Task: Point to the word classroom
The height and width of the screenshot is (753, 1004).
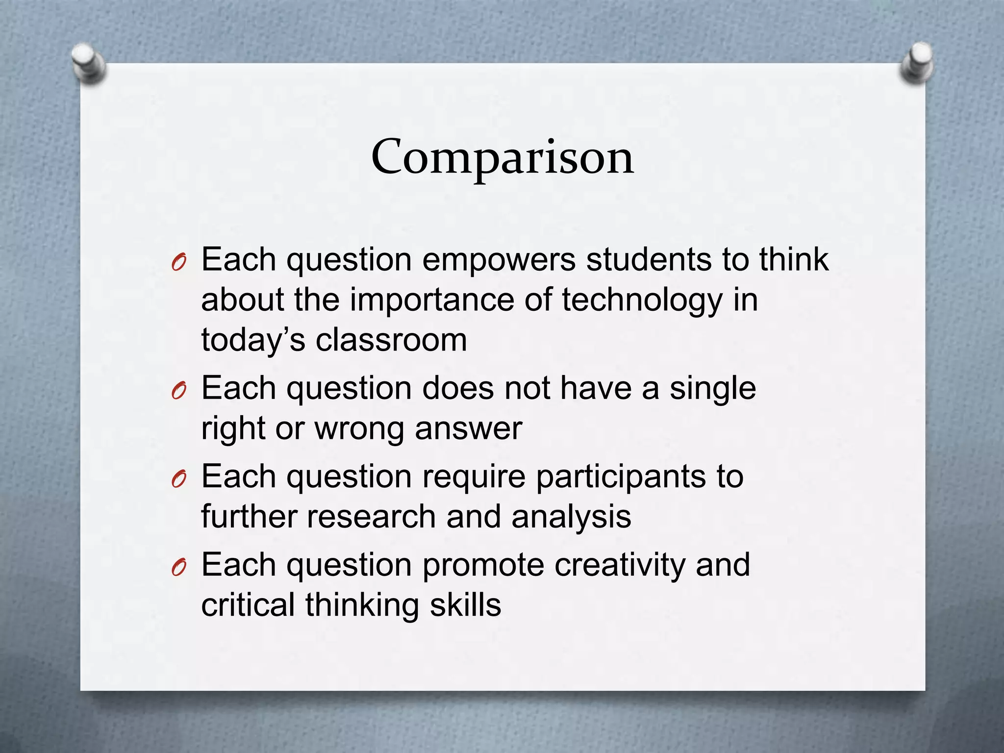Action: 391,340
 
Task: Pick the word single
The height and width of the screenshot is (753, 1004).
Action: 713,388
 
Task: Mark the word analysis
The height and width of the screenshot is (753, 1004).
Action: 571,517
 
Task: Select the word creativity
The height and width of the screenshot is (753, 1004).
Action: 620,565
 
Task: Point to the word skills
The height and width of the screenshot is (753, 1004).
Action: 465,605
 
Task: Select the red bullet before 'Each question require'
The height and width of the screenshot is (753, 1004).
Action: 178,480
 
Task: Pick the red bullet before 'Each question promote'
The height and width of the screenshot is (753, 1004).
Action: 178,568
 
